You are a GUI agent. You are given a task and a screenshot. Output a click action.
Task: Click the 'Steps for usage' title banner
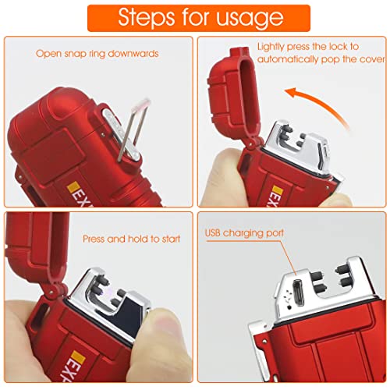(199, 18)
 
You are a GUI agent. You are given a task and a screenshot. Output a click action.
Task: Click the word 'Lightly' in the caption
(271, 48)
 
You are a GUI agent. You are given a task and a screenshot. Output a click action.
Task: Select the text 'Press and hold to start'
(131, 239)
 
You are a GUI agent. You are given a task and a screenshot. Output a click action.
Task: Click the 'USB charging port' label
(244, 233)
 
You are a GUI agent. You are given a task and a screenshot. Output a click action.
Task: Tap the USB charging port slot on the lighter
(298, 293)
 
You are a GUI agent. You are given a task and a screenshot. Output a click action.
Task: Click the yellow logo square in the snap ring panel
(73, 186)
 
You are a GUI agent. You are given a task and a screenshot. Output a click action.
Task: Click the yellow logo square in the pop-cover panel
(277, 190)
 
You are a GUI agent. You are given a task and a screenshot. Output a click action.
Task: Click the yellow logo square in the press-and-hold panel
(78, 357)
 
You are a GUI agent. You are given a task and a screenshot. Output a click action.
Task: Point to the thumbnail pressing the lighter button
(162, 325)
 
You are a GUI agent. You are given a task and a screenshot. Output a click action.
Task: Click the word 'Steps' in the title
(147, 17)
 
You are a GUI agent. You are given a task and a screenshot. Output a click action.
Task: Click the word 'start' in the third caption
(171, 239)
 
